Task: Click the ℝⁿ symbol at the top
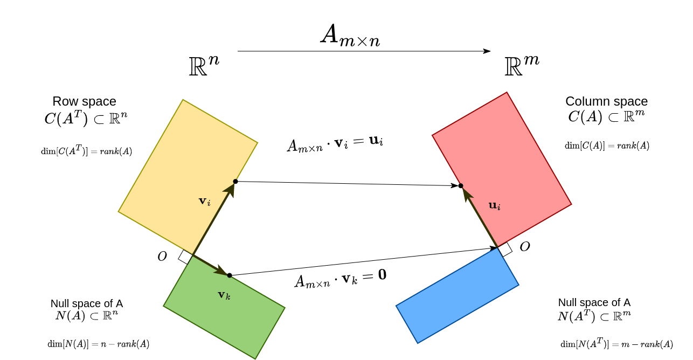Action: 204,64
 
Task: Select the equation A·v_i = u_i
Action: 335,144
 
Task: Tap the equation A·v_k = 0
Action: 340,280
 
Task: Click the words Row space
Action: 85,101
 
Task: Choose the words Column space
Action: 606,101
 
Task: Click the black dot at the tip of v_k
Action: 230,275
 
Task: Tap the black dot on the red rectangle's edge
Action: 460,186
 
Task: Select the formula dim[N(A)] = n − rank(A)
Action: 99,344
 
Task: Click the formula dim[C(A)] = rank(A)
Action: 607,146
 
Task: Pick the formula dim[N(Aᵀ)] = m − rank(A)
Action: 616,344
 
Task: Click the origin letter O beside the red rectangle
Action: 525,246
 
